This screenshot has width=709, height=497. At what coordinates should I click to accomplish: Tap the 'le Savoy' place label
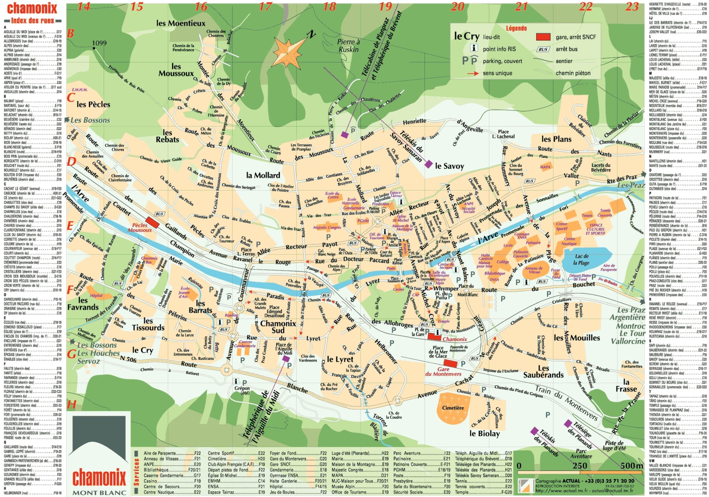point(449,166)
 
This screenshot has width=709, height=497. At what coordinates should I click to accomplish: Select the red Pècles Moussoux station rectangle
point(152,222)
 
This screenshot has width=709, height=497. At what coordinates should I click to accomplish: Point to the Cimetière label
point(453,408)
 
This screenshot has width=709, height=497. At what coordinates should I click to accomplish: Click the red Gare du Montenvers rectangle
point(450,363)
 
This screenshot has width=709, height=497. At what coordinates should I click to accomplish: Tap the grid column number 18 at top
point(329,6)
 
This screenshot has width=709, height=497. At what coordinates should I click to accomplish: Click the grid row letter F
point(70,289)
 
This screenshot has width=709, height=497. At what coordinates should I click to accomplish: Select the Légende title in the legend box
point(516,29)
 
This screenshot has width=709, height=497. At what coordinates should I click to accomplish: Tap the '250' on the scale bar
point(580,466)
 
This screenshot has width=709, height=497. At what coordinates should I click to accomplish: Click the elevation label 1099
point(99,43)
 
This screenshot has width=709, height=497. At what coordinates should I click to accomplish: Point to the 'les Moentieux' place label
point(181,23)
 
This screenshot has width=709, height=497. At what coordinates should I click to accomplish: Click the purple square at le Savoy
point(428,164)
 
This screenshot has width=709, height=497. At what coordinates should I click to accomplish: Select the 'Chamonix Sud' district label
point(278,327)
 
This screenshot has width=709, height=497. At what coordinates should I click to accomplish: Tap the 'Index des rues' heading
point(32,21)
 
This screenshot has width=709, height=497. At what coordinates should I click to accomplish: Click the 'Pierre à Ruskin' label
point(348,46)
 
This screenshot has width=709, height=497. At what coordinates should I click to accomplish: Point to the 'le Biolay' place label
point(485,434)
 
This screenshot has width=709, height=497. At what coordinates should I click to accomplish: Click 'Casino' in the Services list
point(150,481)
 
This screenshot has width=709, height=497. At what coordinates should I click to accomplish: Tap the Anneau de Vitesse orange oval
point(534,270)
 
